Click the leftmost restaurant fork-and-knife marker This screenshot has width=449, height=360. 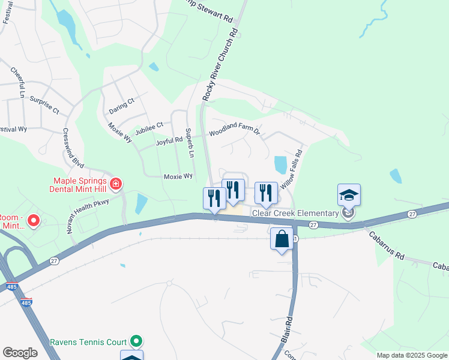click(x=214, y=198)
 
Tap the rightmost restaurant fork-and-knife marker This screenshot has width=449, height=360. click(x=266, y=193)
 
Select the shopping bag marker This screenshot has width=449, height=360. click(x=282, y=239)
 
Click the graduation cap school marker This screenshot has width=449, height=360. click(x=349, y=194)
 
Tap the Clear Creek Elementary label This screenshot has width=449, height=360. click(x=295, y=213)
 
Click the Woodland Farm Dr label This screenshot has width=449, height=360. click(x=234, y=131)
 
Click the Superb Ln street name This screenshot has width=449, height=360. click(x=189, y=142)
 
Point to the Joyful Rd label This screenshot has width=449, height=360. click(x=169, y=140)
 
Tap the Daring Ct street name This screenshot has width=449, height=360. click(x=121, y=106)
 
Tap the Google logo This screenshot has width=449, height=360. click(x=20, y=353)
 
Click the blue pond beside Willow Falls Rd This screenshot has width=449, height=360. click(x=280, y=164)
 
